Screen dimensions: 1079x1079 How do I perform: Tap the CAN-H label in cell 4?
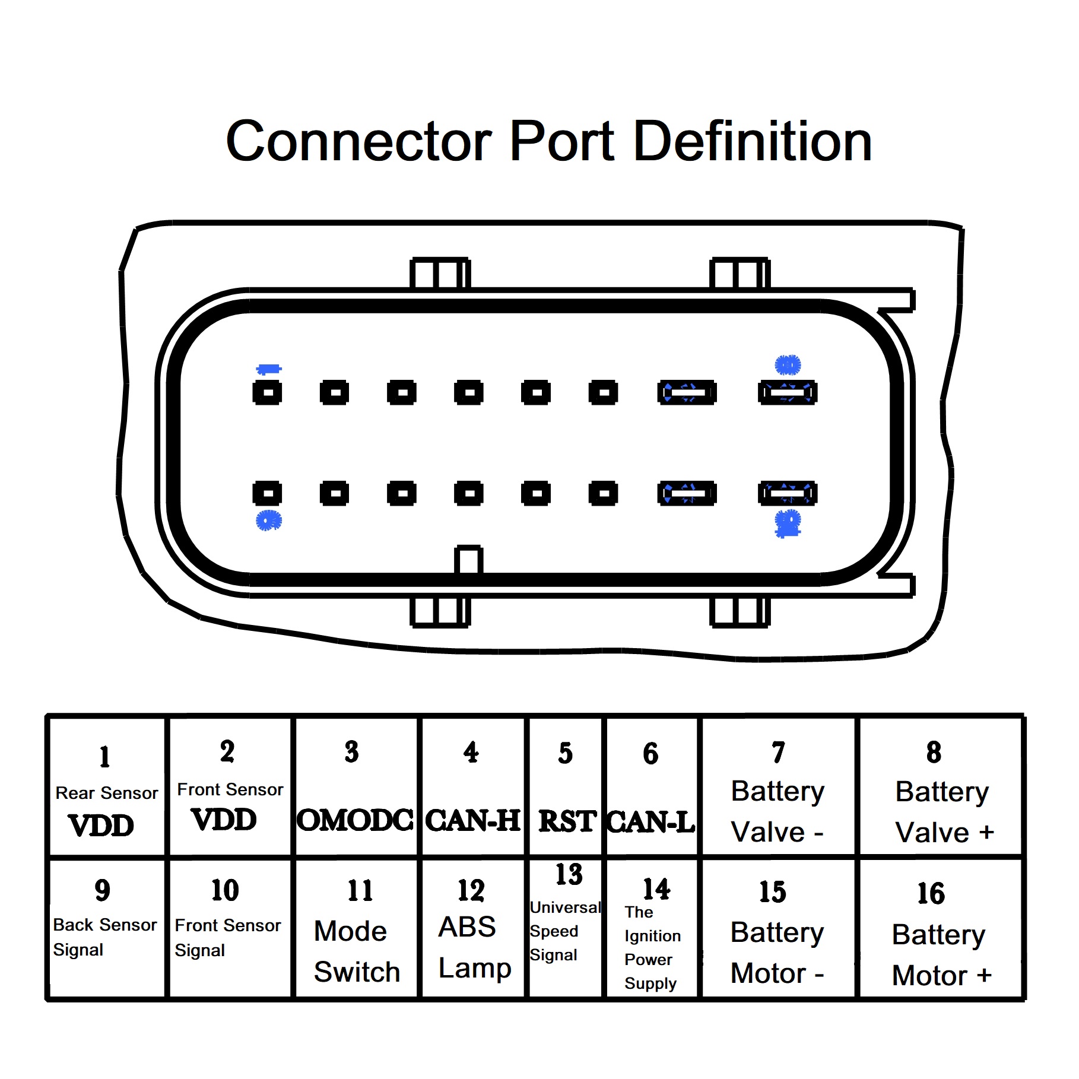[472, 821]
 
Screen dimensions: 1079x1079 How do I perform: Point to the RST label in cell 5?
[566, 822]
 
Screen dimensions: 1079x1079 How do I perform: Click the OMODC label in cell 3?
[355, 821]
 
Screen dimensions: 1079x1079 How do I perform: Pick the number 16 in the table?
[931, 894]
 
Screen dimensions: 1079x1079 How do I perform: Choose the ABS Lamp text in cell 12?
[474, 947]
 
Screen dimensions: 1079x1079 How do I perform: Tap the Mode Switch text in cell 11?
[356, 951]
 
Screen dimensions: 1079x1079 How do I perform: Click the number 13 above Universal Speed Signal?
[569, 874]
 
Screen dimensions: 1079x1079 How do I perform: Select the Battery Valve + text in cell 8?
[942, 812]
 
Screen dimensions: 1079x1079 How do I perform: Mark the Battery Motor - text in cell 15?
[777, 953]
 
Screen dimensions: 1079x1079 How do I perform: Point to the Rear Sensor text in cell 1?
[107, 794]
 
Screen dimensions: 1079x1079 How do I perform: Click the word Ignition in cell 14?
[652, 936]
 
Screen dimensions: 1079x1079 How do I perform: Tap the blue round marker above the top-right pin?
[788, 365]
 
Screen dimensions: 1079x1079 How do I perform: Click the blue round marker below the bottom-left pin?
[268, 521]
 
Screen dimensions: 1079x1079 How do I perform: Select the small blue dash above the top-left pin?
[268, 370]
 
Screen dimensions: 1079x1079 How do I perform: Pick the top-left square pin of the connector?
[268, 392]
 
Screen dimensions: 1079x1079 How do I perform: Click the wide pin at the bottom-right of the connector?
[787, 493]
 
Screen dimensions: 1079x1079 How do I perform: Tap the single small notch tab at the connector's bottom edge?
[469, 560]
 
